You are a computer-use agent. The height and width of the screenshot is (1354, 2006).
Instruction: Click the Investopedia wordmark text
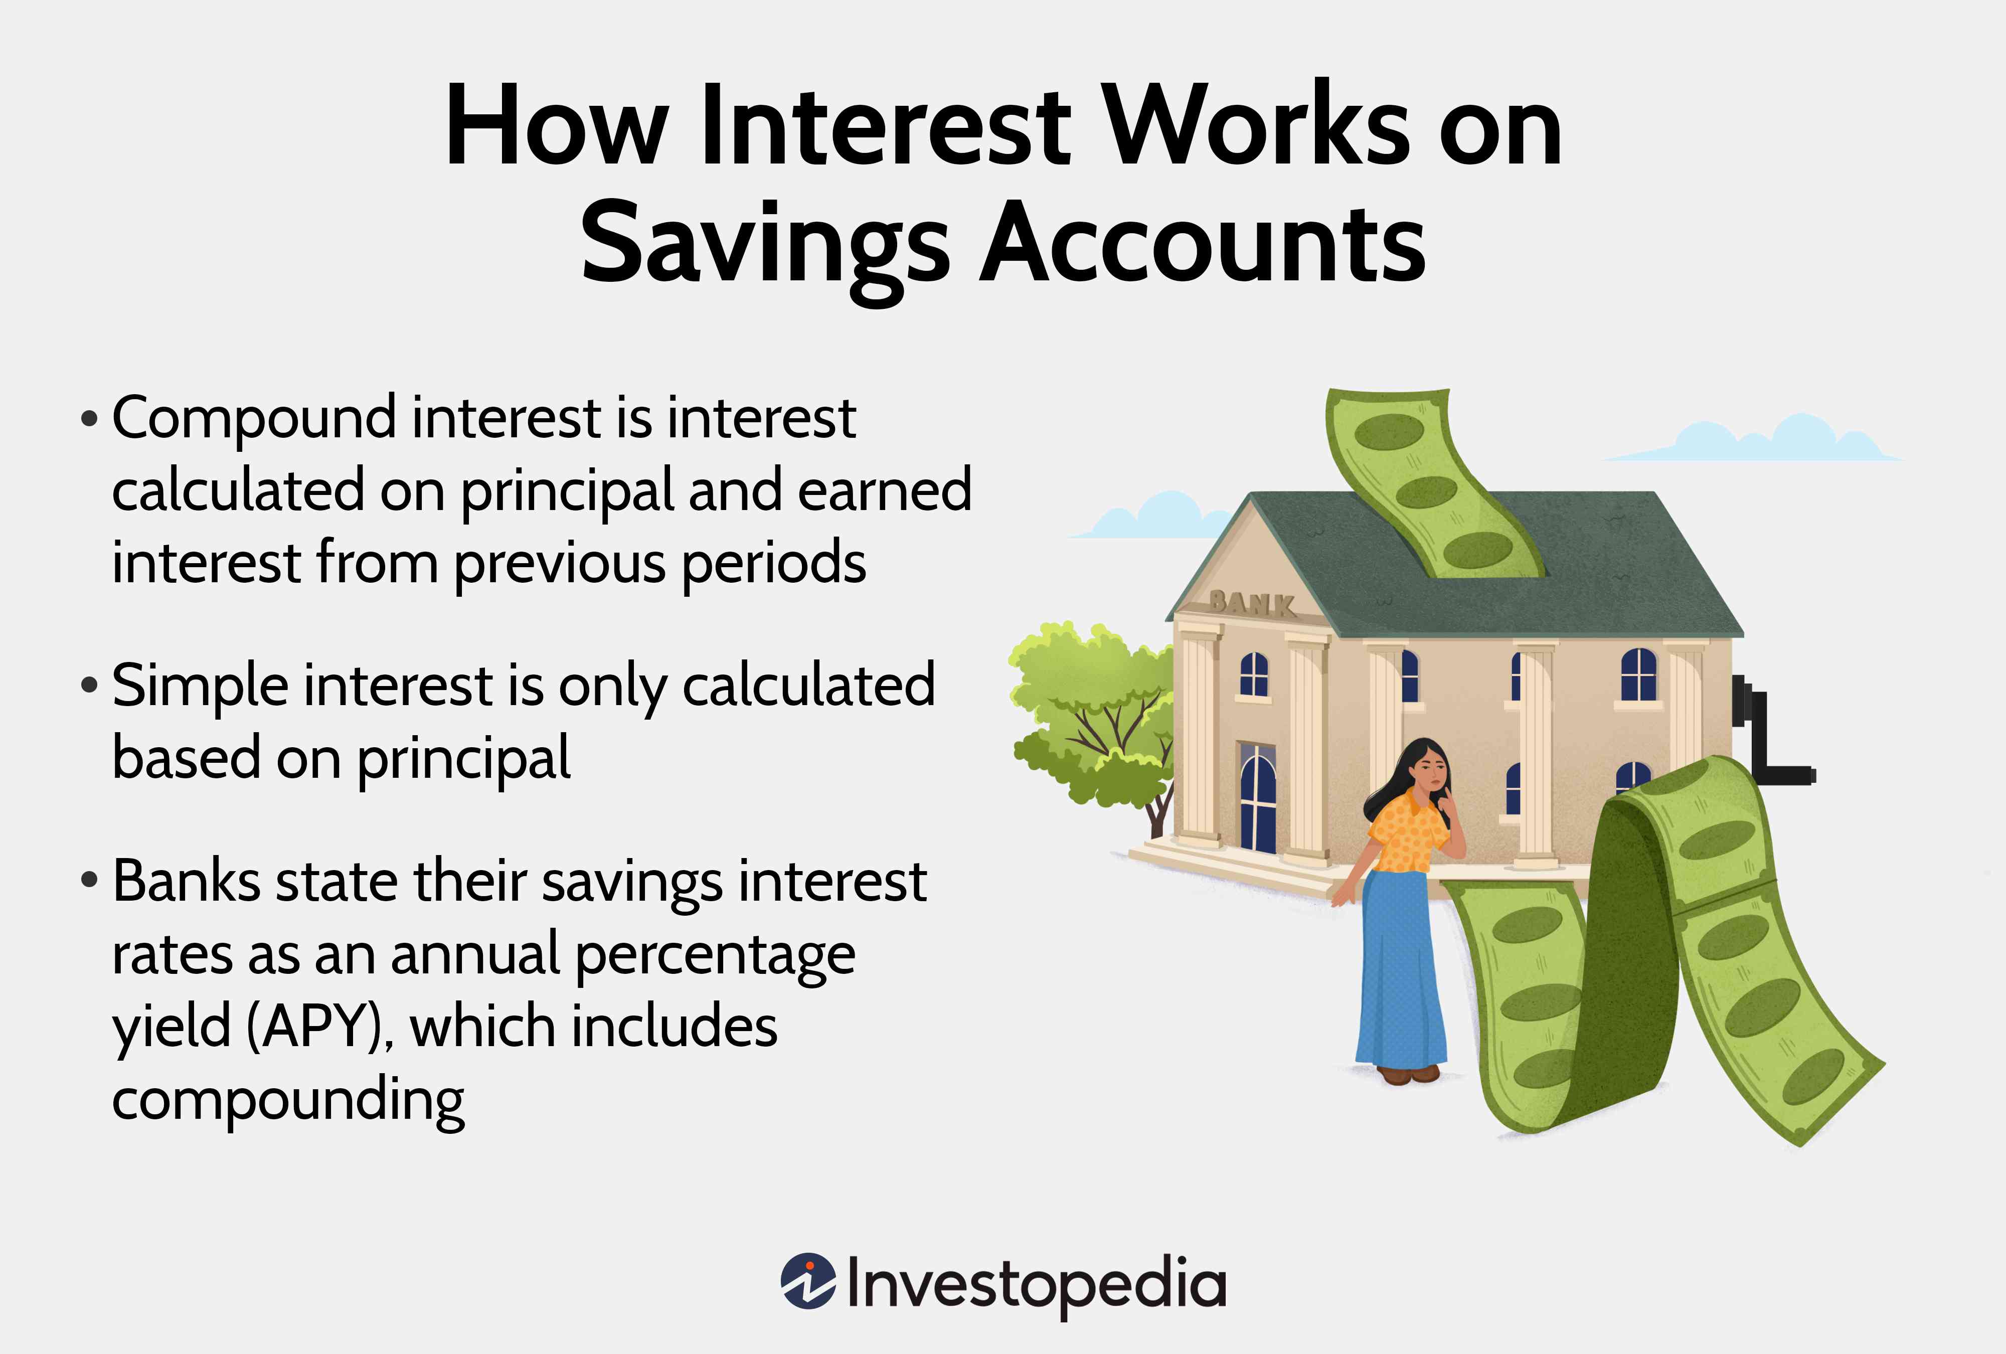click(x=1036, y=1283)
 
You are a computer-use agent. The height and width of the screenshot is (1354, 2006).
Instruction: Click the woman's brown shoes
click(x=1407, y=1074)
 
